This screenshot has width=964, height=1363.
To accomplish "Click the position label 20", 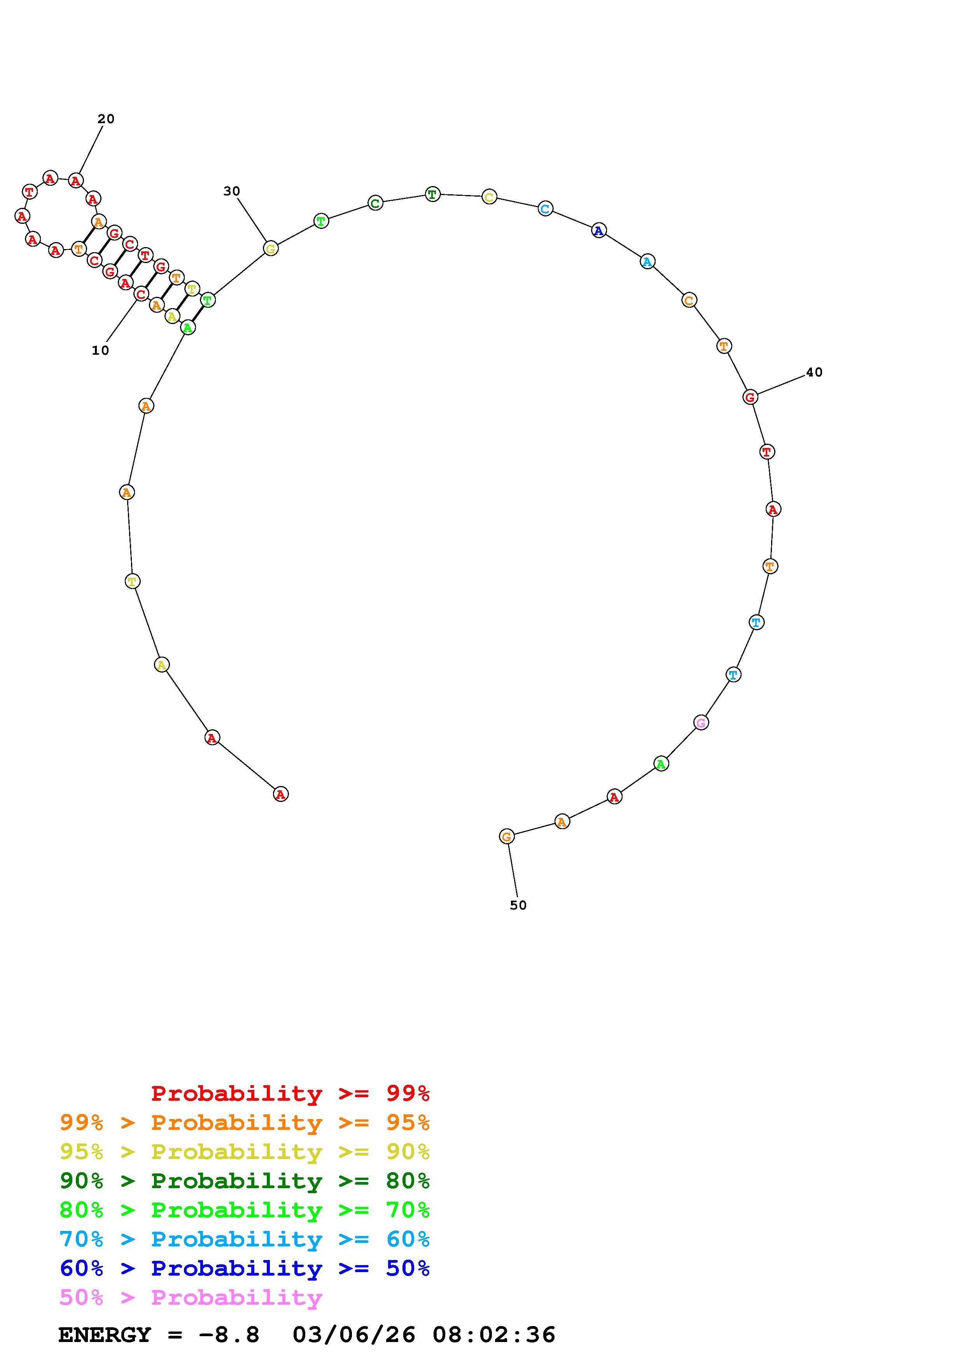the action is [106, 119].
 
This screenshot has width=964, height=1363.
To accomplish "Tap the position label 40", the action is [814, 372].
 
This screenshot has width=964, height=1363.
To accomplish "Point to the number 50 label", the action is [518, 905].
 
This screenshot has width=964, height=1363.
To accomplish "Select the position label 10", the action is [100, 351].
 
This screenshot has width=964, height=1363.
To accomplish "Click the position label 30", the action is [232, 191].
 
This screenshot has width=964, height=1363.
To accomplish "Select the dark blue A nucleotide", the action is [599, 230].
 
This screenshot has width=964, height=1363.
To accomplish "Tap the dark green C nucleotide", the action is [375, 204].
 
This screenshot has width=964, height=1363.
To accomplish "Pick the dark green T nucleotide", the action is [432, 194].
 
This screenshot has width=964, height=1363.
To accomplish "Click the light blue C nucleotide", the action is [545, 208].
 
